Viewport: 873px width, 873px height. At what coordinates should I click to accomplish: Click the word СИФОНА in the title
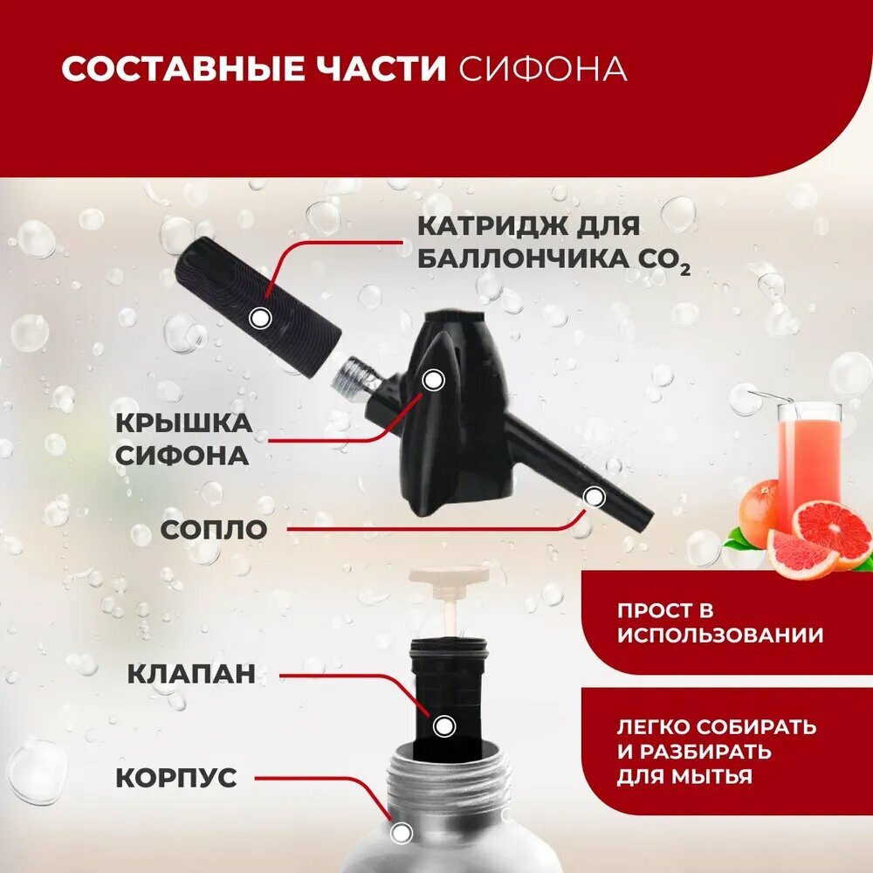pyautogui.click(x=543, y=69)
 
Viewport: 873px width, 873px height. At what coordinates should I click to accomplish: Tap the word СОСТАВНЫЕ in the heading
pyautogui.click(x=183, y=69)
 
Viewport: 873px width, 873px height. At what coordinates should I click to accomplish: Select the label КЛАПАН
pyautogui.click(x=191, y=674)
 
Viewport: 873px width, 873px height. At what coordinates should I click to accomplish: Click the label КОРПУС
pyautogui.click(x=176, y=777)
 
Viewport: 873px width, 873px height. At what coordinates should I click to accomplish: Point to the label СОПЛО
pyautogui.click(x=214, y=530)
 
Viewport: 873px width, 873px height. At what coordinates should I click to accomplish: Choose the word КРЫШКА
pyautogui.click(x=183, y=423)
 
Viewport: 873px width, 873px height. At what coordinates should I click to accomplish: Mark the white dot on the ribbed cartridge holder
pyautogui.click(x=260, y=319)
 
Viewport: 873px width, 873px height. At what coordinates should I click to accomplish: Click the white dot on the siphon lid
pyautogui.click(x=433, y=380)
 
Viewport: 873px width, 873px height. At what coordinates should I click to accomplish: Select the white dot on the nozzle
pyautogui.click(x=595, y=497)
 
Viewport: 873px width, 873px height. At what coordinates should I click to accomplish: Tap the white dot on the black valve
pyautogui.click(x=443, y=726)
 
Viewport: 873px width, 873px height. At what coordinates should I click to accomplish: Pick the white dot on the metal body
pyautogui.click(x=400, y=834)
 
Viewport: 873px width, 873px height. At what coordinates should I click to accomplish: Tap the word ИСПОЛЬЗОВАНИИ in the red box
pyautogui.click(x=720, y=636)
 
